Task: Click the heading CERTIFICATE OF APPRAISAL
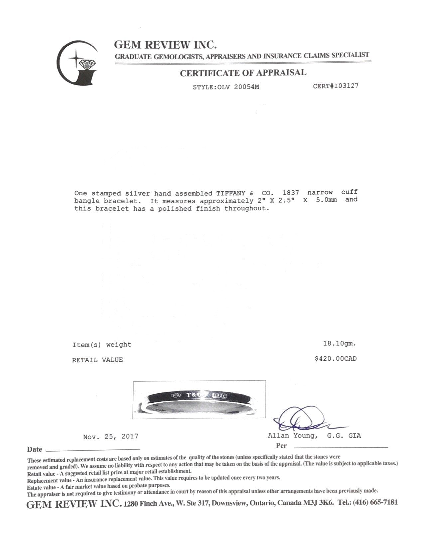[243, 73]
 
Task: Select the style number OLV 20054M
[237, 87]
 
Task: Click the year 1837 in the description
[291, 193]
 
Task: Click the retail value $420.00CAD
[336, 359]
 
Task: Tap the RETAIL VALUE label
[97, 360]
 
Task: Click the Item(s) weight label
[102, 345]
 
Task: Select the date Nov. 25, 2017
[110, 436]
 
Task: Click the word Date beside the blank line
[35, 449]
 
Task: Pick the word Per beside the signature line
[281, 446]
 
